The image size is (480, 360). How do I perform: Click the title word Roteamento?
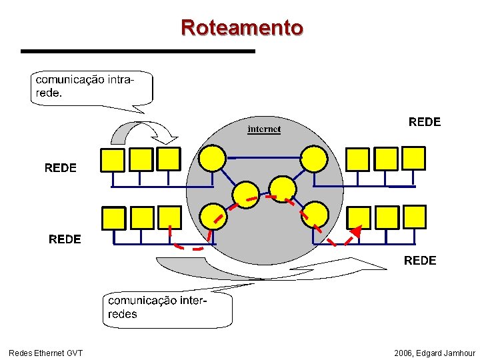[x=241, y=28]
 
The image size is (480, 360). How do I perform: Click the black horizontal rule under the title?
[x=137, y=51]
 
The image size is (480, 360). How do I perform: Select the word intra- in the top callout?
[x=119, y=80]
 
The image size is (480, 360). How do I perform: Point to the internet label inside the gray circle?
[x=264, y=129]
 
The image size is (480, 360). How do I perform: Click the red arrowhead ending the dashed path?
[x=356, y=232]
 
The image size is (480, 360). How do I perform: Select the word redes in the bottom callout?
[x=122, y=314]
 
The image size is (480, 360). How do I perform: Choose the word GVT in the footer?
[x=74, y=353]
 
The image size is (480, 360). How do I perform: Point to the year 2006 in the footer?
[x=403, y=353]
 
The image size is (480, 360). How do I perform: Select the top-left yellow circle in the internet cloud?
[x=213, y=158]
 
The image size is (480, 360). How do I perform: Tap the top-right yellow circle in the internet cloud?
[x=313, y=158]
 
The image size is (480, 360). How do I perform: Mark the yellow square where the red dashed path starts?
[x=169, y=217]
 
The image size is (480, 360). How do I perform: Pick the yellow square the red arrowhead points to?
[x=359, y=217]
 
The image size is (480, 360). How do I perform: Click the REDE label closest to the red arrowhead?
[x=420, y=261]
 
